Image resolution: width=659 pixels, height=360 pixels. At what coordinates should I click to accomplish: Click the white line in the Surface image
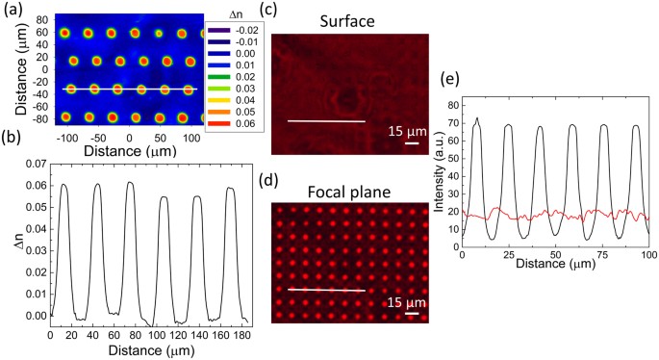326,121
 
